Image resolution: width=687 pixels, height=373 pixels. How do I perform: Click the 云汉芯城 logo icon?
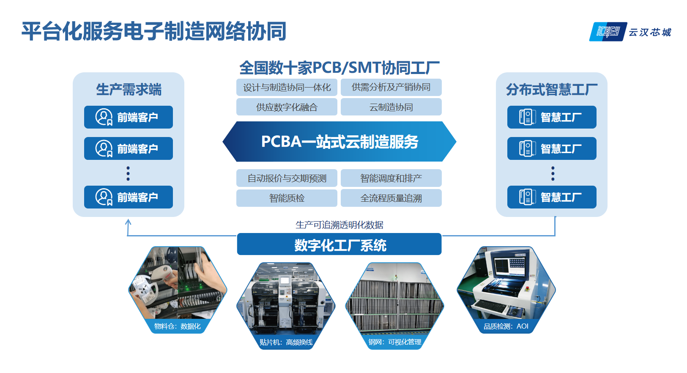(x=608, y=32)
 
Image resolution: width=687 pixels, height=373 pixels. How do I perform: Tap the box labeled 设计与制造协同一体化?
(x=287, y=88)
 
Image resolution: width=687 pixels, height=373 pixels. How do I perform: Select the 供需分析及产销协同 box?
(x=391, y=88)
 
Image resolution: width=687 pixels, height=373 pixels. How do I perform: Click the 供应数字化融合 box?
(x=287, y=107)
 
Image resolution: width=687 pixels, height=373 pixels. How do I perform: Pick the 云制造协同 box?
(x=391, y=107)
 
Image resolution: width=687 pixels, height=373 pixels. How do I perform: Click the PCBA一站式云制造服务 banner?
(x=339, y=141)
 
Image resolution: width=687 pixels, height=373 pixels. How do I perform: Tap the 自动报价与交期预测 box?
(x=287, y=178)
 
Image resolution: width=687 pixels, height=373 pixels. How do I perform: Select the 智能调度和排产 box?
(x=391, y=178)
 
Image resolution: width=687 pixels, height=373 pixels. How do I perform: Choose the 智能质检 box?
(x=287, y=198)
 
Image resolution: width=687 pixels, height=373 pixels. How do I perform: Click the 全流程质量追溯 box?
(x=391, y=198)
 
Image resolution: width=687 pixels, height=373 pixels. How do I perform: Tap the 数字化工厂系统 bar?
(x=339, y=244)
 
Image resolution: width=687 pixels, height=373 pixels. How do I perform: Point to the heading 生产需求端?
(x=129, y=90)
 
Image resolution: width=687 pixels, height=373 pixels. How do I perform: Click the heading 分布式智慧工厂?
(x=551, y=90)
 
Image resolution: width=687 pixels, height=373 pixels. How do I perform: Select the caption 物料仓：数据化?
(x=177, y=326)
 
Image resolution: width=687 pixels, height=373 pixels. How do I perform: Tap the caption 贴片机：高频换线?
(x=286, y=342)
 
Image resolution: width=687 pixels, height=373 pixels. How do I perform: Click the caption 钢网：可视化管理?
(x=395, y=342)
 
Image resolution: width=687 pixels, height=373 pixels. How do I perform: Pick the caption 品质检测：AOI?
(x=506, y=326)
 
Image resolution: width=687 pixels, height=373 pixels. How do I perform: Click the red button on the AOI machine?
(x=528, y=289)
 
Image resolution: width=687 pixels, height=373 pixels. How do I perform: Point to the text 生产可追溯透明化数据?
(x=339, y=225)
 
